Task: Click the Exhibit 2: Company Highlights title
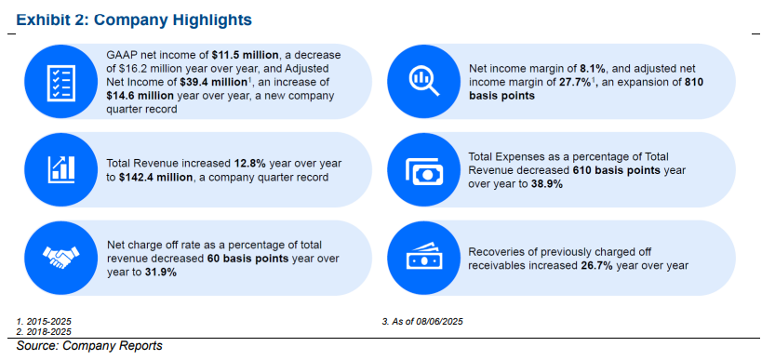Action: pos(134,20)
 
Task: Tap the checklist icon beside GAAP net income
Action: pos(60,82)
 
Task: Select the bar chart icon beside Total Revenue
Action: pos(60,169)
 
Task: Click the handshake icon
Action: pos(60,258)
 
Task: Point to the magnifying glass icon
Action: pos(423,82)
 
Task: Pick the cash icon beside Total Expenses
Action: pos(423,169)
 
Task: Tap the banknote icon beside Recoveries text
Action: pos(423,257)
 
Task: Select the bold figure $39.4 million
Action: pos(213,82)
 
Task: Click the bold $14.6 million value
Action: pos(140,96)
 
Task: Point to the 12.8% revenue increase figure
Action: pos(247,163)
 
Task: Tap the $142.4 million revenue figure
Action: pos(155,177)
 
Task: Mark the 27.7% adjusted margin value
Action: pos(575,82)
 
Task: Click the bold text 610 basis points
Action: pos(617,170)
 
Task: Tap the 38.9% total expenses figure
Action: pos(546,184)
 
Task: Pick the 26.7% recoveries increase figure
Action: pos(596,265)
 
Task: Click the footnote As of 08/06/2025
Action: pos(422,322)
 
